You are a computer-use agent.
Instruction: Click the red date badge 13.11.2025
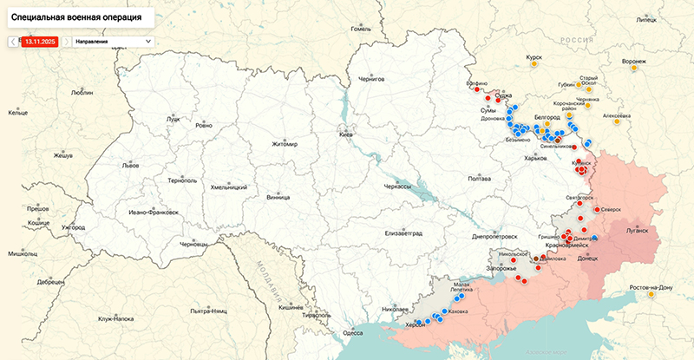point(40,41)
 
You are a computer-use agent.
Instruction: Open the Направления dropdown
point(112,41)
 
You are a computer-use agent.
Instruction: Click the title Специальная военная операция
point(77,16)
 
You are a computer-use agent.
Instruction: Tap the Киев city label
point(346,135)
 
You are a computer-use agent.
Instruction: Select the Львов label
point(130,164)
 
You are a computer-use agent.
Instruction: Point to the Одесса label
point(353,332)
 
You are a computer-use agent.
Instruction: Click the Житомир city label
point(284,144)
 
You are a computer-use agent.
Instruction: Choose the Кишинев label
point(289,307)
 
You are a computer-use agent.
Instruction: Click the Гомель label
point(360,28)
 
